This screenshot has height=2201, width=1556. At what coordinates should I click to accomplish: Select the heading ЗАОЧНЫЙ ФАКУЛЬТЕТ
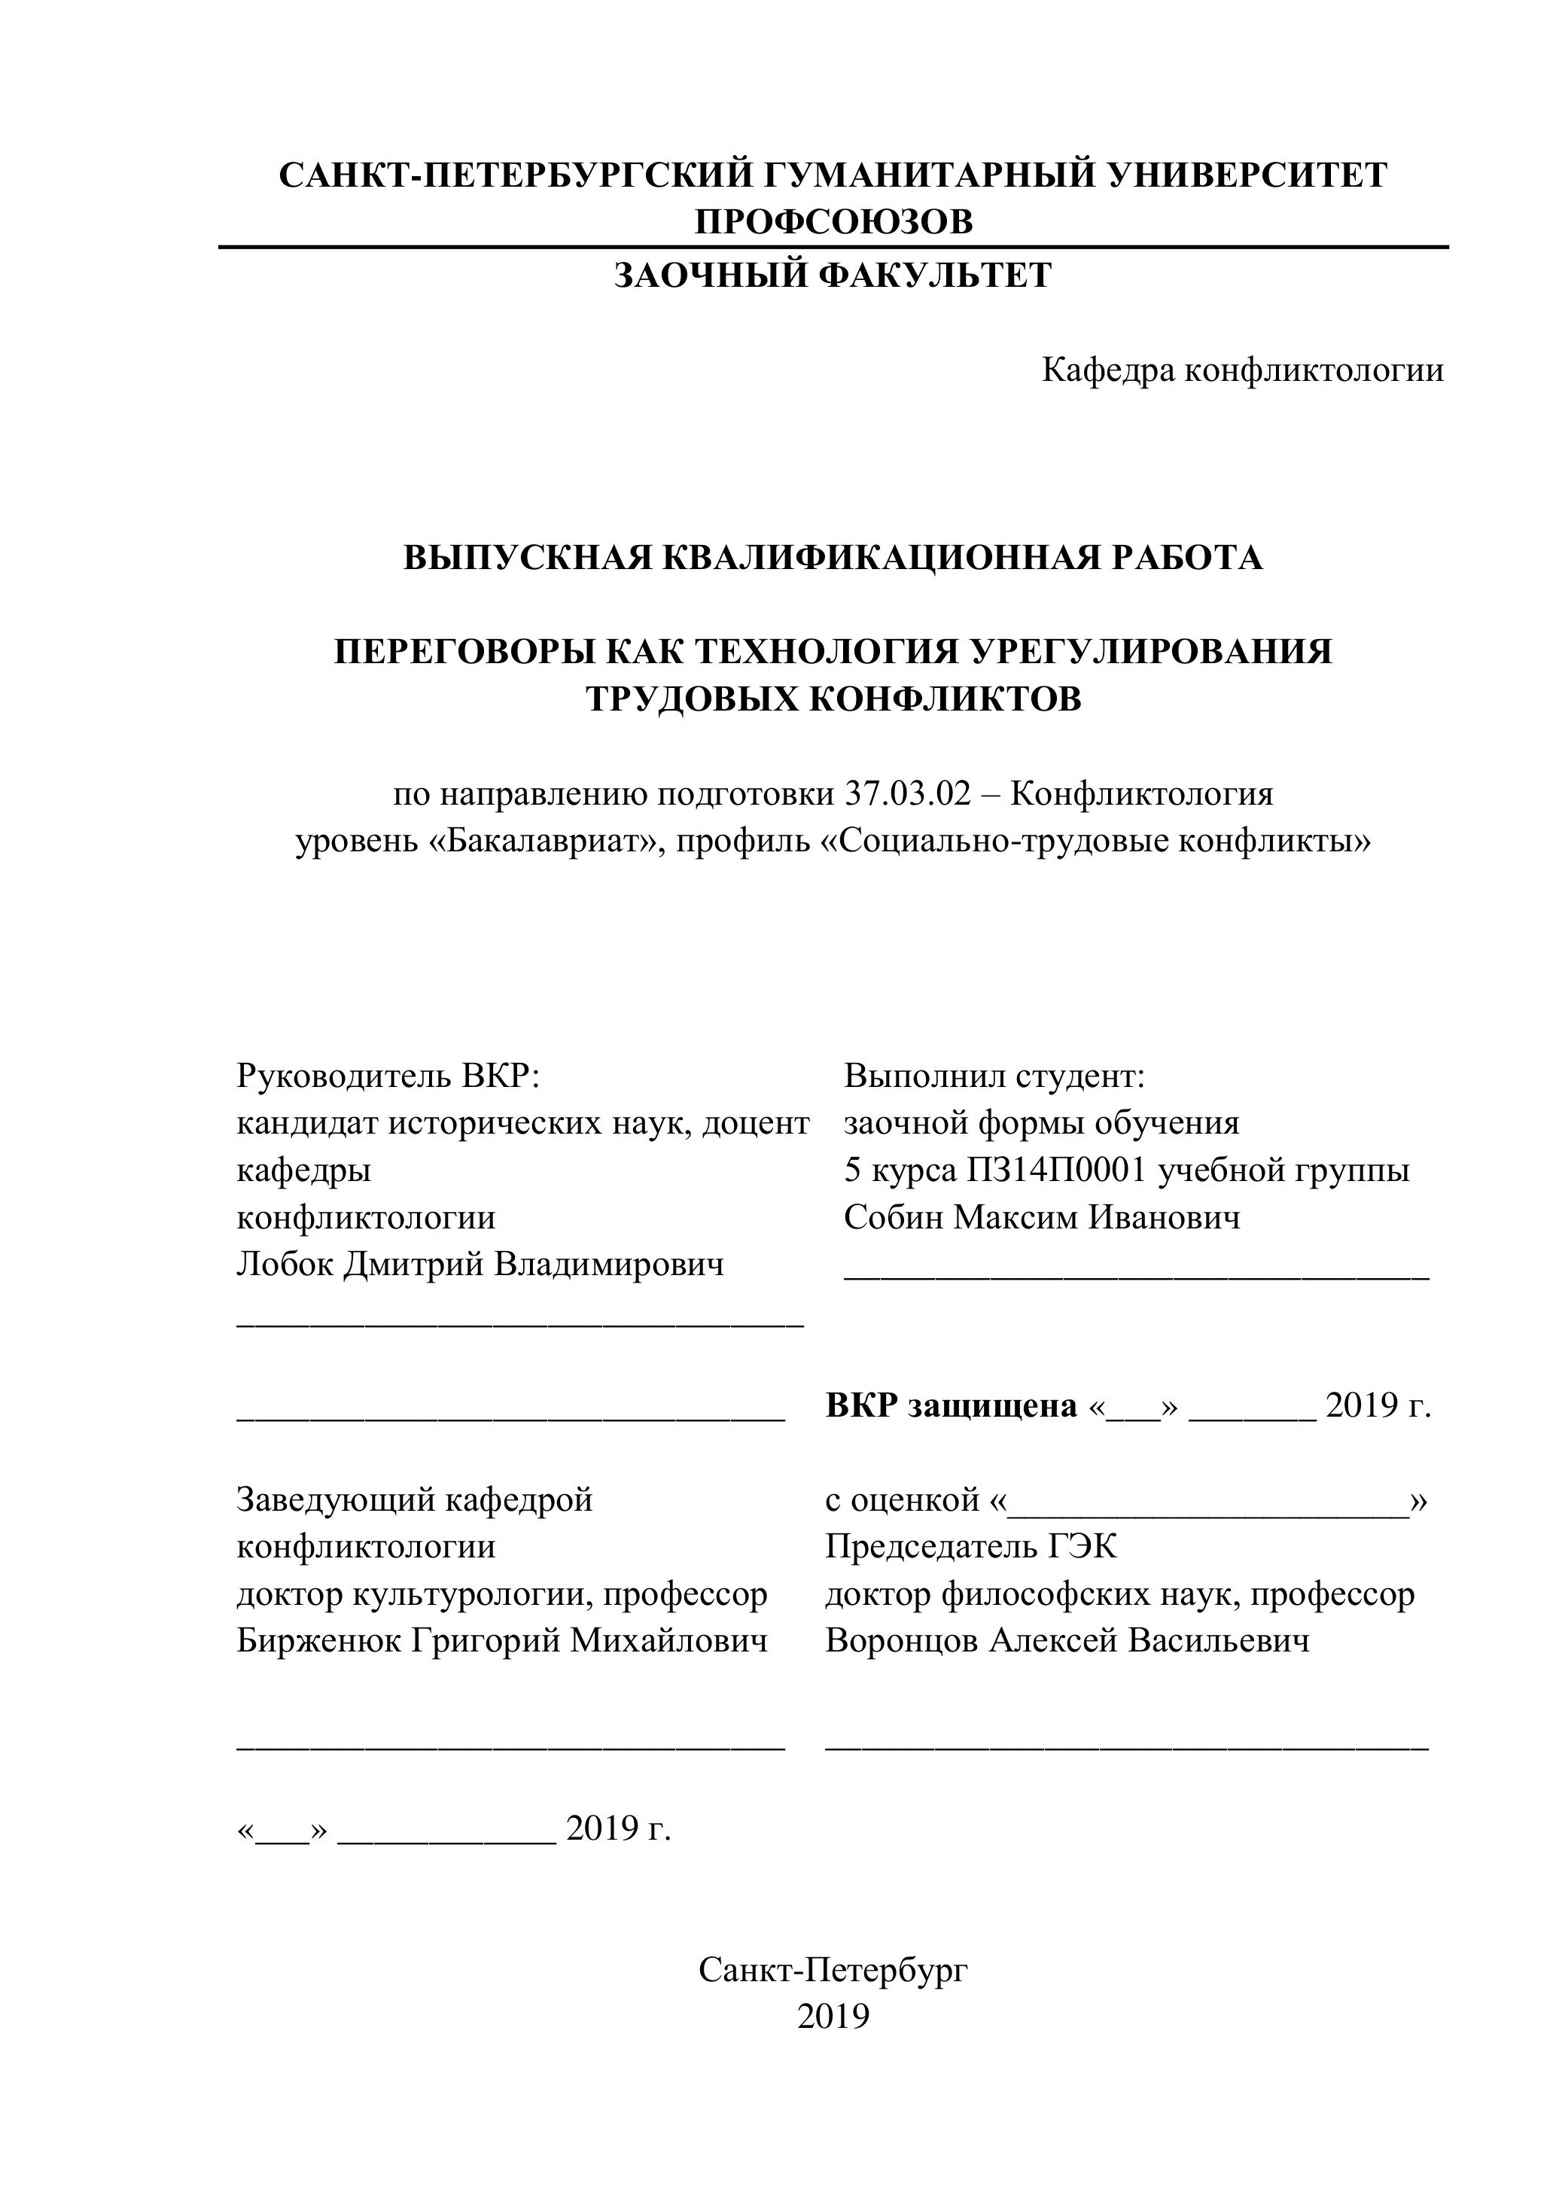(832, 276)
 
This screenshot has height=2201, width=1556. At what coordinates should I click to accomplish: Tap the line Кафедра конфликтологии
(1243, 370)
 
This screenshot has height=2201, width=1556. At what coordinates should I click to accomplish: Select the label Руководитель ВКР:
(388, 1076)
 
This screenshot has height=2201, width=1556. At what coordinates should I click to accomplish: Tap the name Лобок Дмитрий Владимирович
(480, 1265)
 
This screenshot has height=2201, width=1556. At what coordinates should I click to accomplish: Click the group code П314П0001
(1056, 1171)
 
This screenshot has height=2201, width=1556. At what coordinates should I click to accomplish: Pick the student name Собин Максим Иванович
(1042, 1217)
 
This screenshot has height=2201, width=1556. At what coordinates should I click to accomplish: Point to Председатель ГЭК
(970, 1546)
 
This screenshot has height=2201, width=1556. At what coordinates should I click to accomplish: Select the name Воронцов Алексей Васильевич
(1067, 1640)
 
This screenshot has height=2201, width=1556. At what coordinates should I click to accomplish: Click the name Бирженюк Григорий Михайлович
(502, 1640)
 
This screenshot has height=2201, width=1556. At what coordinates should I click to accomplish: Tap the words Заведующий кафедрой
(414, 1499)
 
